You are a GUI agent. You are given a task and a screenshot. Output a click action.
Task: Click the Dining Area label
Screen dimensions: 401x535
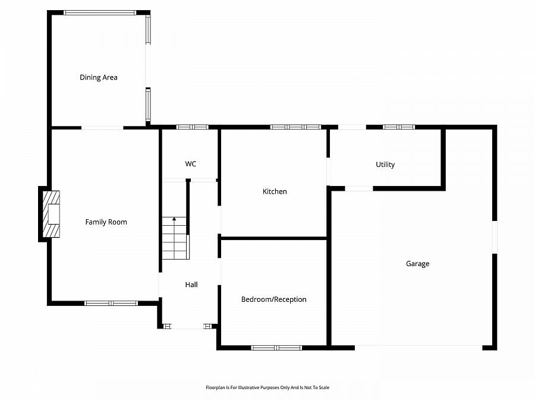99,77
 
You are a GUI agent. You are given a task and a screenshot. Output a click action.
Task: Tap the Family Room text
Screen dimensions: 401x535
106,222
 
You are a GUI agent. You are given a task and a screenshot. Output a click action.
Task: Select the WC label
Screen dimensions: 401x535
190,164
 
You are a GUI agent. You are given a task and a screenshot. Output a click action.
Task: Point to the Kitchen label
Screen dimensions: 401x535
275,191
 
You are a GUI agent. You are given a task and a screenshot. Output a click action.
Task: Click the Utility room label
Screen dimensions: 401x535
385,165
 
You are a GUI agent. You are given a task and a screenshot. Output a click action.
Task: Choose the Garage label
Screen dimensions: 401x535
417,264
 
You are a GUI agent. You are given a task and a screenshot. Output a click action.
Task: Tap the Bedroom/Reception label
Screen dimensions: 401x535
273,299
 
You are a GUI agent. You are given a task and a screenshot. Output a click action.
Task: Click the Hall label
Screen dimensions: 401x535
191,285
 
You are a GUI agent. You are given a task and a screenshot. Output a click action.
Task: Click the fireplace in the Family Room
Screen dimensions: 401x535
51,214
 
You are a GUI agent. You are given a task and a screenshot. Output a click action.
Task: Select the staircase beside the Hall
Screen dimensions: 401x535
175,238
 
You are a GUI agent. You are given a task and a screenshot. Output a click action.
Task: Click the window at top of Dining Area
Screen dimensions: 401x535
100,12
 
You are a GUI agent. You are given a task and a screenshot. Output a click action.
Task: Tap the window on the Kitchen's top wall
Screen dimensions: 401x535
295,127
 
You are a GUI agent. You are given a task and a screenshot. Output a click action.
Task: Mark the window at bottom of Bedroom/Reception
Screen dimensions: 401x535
276,348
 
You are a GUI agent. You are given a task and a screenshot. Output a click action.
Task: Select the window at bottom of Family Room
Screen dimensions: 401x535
111,303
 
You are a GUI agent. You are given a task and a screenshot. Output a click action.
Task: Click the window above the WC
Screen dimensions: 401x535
193,127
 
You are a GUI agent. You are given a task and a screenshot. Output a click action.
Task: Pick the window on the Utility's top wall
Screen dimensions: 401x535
398,127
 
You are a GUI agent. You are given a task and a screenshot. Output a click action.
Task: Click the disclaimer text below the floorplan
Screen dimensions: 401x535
267,387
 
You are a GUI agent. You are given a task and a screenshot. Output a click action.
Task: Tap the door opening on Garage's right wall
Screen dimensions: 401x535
495,238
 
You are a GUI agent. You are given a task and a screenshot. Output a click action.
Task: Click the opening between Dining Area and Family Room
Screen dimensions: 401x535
102,127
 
